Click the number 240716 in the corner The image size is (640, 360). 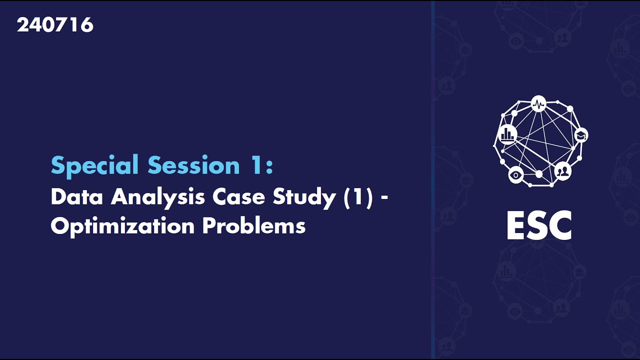(55, 25)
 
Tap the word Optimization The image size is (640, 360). (122, 226)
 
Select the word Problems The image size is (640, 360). (254, 226)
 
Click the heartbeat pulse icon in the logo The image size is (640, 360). (538, 104)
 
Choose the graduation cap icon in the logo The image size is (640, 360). (580, 135)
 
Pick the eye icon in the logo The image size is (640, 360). (516, 174)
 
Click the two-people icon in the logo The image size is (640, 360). (563, 171)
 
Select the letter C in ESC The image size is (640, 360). (559, 226)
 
